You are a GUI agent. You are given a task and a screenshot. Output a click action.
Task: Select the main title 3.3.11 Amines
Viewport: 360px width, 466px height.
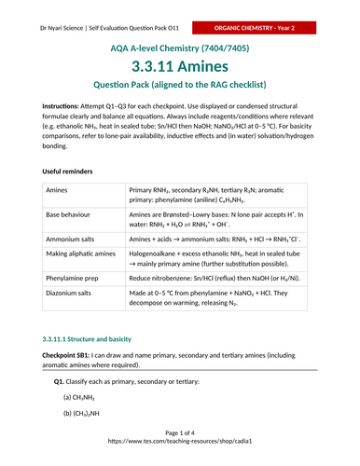(179, 68)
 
